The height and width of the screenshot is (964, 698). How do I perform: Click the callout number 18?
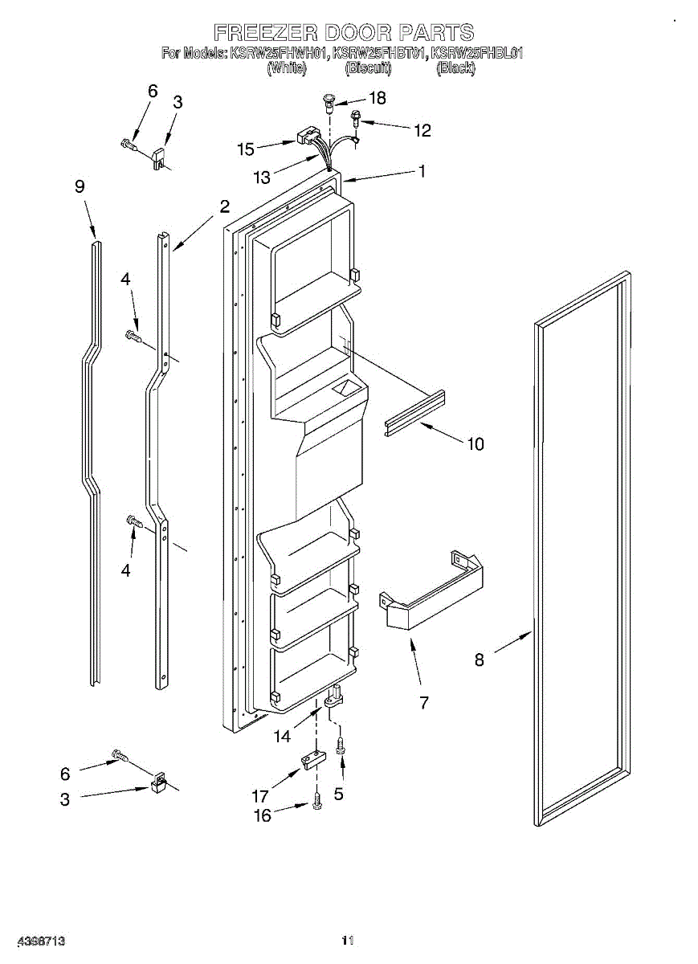[376, 98]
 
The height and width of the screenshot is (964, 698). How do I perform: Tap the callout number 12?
[422, 130]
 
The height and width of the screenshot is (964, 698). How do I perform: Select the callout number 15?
[245, 149]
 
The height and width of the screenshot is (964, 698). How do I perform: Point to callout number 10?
[476, 443]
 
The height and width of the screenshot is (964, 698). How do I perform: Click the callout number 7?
[423, 702]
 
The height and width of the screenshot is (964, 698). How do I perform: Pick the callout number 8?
[480, 660]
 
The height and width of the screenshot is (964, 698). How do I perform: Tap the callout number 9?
[80, 186]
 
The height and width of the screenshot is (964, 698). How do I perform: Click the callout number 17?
[259, 796]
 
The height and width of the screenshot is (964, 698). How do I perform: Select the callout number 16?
[262, 815]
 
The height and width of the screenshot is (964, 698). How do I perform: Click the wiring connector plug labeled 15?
[306, 138]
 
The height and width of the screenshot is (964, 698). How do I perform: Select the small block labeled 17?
[312, 759]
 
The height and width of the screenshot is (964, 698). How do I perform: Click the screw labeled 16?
[317, 801]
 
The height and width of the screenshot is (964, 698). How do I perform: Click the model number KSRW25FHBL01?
[478, 55]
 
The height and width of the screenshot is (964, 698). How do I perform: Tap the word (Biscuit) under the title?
[368, 69]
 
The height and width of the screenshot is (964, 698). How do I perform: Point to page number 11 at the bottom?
[348, 940]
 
